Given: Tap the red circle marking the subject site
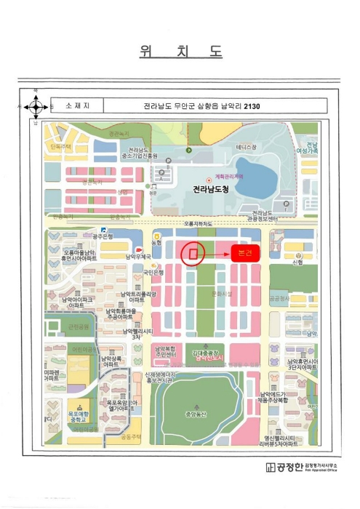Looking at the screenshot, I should click(x=193, y=254).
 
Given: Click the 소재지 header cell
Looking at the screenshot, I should click(x=76, y=106).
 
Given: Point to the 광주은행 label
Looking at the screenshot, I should click(x=103, y=236).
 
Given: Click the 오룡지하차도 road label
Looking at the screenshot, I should click(x=198, y=224).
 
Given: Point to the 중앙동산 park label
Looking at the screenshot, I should click(x=197, y=414).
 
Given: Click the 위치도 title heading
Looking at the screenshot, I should click(x=180, y=52).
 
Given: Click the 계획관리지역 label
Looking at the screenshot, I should click(x=225, y=177).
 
